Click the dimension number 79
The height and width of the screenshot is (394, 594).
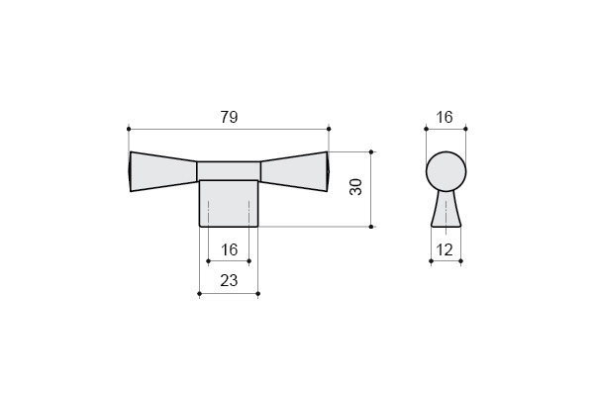230,117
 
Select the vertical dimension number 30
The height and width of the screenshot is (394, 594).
356,187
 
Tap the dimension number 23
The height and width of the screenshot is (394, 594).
229,281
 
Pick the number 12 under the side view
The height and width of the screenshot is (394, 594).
445,250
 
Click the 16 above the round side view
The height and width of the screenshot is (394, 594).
444,117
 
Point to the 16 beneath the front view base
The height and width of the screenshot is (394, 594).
229,250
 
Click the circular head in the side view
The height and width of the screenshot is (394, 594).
445,171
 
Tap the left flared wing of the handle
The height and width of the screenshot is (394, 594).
163,171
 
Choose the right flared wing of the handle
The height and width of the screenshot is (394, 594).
294,171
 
